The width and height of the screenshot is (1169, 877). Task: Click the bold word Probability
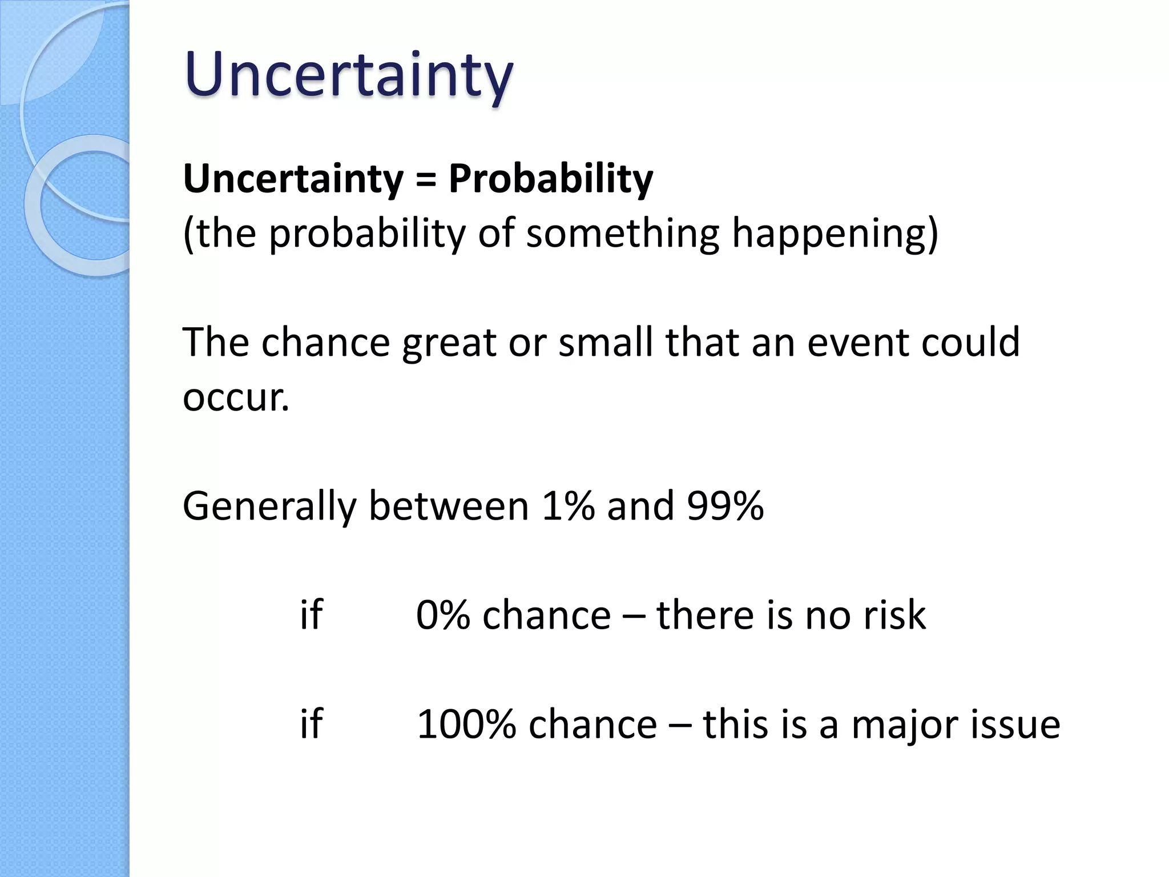point(550,179)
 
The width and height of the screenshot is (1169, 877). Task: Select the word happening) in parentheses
point(835,234)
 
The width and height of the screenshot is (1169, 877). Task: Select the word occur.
point(235,397)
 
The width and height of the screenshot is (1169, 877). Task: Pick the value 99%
point(725,506)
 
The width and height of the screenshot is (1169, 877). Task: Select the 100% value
point(466,725)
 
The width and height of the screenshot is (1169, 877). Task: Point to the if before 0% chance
point(312,614)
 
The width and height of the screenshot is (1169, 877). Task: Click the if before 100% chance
point(312,723)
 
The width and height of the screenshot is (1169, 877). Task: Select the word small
point(606,343)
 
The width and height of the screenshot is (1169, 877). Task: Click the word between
point(449,506)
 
